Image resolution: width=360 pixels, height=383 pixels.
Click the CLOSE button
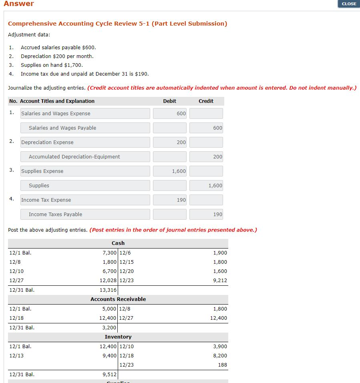349,4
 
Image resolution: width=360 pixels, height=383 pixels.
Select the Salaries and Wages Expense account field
85,113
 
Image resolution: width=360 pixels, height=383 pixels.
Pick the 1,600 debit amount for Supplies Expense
170,171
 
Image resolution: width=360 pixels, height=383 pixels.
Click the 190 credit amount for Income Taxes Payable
206,214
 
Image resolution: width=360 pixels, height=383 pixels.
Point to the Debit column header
169,101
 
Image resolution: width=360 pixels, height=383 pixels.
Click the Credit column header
206,101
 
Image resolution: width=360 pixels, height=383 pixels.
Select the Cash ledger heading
118,243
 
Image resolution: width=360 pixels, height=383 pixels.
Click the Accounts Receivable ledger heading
118,299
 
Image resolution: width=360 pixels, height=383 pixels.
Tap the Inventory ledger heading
118,337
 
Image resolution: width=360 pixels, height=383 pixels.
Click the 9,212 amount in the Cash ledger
220,280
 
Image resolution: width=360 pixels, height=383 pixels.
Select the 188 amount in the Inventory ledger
222,365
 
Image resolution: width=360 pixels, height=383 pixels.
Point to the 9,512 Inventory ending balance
109,375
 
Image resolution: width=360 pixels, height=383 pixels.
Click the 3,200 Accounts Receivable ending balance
109,327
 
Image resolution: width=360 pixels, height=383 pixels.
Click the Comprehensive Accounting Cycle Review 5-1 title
117,24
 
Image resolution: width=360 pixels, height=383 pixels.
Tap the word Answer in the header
19,4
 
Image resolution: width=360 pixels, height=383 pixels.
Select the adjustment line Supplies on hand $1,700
52,65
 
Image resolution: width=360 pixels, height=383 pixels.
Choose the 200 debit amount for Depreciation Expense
170,142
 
